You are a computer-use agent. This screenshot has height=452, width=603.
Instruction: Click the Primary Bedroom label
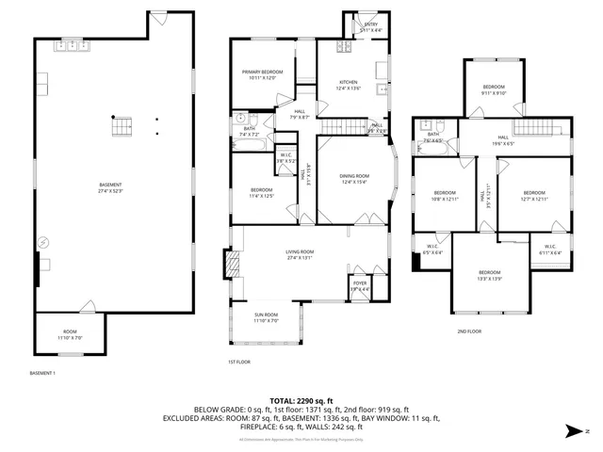[263, 73]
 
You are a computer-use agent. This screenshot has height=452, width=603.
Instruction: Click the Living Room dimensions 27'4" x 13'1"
[300, 259]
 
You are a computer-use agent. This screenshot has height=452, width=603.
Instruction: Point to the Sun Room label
[266, 316]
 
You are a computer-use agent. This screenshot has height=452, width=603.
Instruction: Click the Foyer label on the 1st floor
[360, 283]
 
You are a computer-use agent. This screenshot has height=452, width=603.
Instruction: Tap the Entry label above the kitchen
[370, 24]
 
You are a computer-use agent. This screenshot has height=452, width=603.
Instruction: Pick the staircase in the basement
[119, 127]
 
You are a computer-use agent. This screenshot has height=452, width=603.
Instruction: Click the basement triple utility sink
[71, 45]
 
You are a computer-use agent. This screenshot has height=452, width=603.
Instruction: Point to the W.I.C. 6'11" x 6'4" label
[549, 250]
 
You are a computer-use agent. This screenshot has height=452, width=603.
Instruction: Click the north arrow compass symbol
[577, 431]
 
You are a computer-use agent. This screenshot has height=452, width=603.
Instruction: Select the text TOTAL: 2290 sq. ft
[301, 400]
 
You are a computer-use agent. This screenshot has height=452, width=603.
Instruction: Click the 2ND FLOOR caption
[468, 332]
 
